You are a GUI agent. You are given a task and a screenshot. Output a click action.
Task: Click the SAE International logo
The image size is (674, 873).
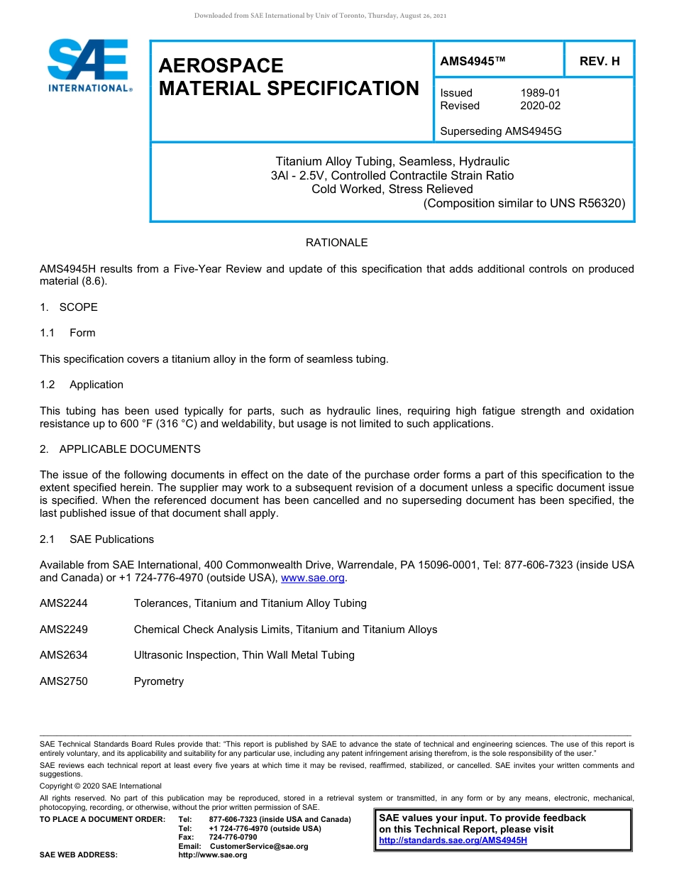click(89, 66)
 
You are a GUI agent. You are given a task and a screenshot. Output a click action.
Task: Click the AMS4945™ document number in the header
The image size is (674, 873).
click(473, 61)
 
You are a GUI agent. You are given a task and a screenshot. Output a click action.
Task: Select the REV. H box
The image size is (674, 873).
click(599, 61)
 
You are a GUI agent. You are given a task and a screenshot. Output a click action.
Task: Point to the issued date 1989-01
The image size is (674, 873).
click(540, 93)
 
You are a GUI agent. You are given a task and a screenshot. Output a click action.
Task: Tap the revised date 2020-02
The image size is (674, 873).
click(540, 106)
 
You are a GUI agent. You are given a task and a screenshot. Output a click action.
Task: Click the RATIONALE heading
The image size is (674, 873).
click(336, 243)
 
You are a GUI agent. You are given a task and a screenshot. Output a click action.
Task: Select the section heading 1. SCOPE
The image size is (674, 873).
click(69, 307)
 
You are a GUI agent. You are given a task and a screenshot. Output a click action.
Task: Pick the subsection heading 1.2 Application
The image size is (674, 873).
click(82, 385)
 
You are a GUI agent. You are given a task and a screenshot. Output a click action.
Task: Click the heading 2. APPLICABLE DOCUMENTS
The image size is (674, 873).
click(120, 449)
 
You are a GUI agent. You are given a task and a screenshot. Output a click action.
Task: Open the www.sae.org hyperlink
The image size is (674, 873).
click(313, 578)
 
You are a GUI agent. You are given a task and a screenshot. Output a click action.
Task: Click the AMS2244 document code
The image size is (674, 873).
click(64, 603)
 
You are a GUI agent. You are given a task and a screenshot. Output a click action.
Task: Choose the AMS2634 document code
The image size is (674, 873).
click(64, 655)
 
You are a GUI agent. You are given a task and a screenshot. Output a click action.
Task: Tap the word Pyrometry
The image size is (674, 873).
click(158, 681)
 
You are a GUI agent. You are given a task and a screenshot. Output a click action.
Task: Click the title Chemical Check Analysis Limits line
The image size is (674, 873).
click(285, 630)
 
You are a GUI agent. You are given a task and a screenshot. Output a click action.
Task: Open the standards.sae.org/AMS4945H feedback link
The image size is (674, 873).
click(453, 840)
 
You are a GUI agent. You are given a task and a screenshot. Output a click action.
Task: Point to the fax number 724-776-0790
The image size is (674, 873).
click(233, 838)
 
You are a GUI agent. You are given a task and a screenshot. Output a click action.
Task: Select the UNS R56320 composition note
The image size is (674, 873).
click(524, 203)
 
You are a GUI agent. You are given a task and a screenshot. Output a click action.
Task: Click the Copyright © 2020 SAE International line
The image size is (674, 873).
click(101, 786)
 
